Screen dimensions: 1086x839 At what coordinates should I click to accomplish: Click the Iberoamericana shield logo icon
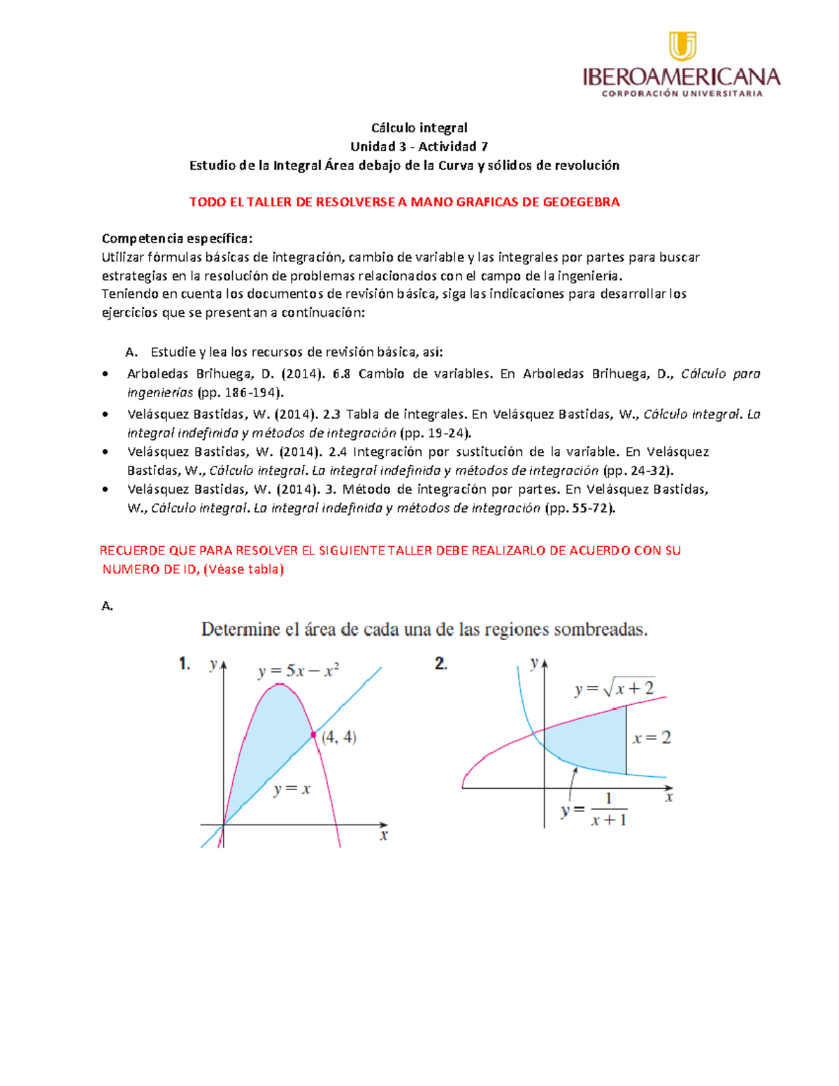(x=682, y=46)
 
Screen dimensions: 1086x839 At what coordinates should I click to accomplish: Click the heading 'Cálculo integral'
(x=419, y=127)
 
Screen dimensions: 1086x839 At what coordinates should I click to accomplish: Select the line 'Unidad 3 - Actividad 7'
(x=419, y=146)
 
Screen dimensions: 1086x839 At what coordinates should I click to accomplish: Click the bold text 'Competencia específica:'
(x=177, y=238)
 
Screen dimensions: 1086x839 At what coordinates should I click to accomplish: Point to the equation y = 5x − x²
(x=299, y=671)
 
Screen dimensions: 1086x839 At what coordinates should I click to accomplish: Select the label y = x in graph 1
(x=292, y=790)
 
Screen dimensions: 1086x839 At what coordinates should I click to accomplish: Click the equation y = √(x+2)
(x=615, y=689)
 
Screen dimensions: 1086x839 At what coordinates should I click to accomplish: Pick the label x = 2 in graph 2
(x=652, y=738)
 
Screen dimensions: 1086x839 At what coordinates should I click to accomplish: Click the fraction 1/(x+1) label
(x=608, y=810)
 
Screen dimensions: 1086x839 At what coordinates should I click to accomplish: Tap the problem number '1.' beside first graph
(x=185, y=664)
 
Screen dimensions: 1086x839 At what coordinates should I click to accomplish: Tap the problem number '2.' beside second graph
(x=440, y=664)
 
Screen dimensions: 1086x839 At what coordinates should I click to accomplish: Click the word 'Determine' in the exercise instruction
(x=241, y=629)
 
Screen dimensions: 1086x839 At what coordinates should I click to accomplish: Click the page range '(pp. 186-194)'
(x=241, y=392)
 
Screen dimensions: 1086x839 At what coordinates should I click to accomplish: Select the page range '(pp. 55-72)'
(x=580, y=508)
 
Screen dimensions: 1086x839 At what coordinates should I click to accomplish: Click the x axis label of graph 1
(x=383, y=835)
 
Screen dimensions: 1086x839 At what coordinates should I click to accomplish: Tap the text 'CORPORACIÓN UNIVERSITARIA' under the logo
(x=682, y=94)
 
